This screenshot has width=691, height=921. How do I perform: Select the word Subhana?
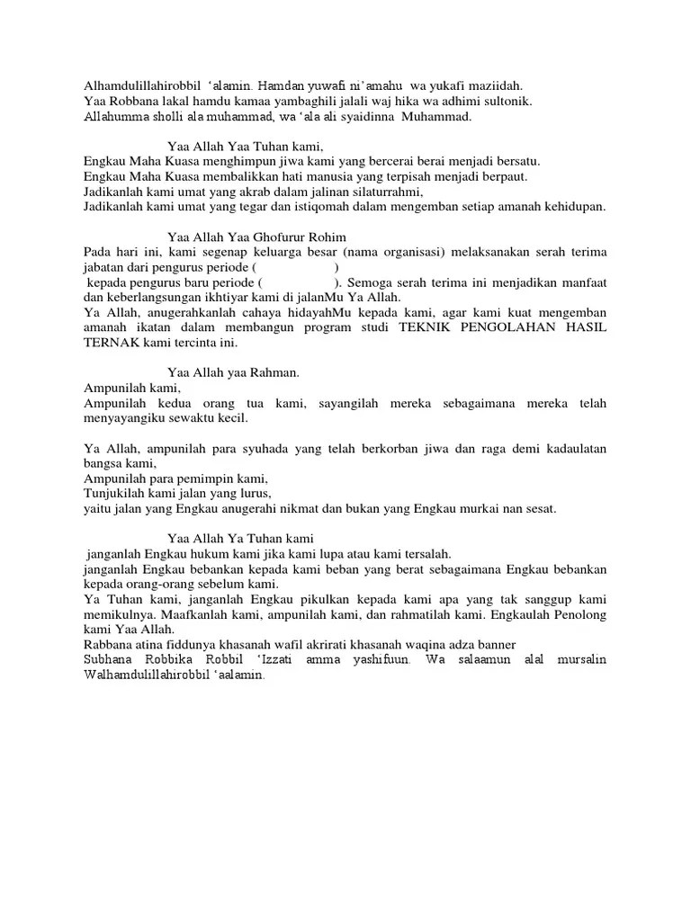pyautogui.click(x=109, y=661)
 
